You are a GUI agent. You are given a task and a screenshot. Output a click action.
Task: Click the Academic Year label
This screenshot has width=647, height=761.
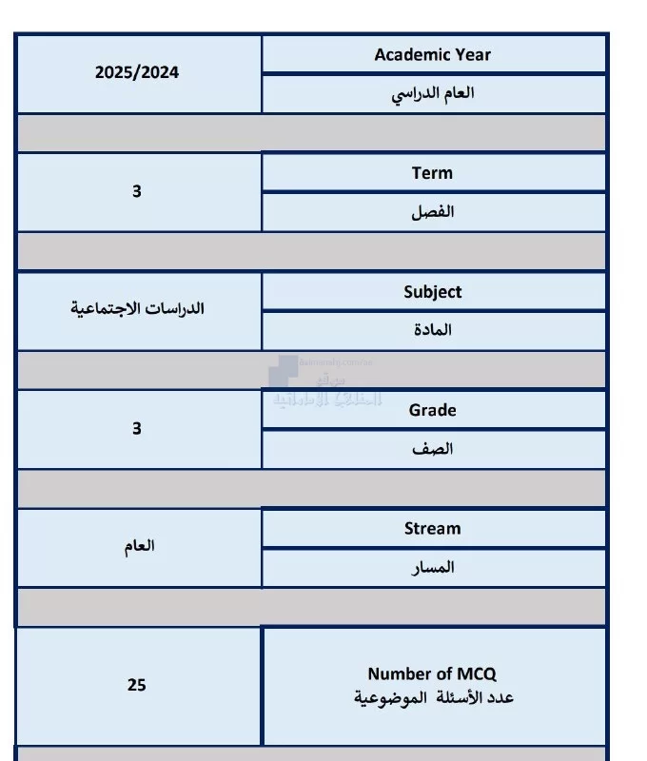click(x=433, y=54)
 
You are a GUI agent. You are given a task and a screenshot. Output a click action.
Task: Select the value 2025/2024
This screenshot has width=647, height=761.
click(x=137, y=72)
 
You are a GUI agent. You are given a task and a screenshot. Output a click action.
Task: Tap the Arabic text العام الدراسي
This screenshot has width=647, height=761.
click(x=434, y=93)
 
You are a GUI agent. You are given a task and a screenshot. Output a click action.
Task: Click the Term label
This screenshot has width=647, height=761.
click(x=432, y=173)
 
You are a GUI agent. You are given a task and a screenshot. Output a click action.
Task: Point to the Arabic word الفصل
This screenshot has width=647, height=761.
click(x=433, y=211)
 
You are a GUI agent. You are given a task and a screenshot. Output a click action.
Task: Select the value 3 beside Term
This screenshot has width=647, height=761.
click(x=137, y=191)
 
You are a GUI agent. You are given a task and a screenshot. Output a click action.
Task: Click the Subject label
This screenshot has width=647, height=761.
click(x=433, y=292)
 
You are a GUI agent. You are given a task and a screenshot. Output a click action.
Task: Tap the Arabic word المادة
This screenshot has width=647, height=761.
click(x=433, y=330)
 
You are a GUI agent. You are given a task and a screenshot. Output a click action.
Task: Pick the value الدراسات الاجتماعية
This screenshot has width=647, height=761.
click(x=138, y=309)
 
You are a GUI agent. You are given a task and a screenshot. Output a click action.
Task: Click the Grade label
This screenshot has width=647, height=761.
click(x=433, y=410)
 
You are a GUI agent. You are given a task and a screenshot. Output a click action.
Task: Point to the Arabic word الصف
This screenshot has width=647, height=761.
click(x=433, y=449)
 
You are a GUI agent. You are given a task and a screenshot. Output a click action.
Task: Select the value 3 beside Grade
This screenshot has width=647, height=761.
click(x=137, y=428)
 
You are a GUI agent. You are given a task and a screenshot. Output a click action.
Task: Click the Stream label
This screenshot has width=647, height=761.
click(x=433, y=528)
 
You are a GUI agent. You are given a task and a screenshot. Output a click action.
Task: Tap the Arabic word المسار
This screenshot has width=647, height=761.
click(x=433, y=567)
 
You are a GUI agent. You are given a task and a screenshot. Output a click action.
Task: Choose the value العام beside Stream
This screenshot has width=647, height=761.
click(x=138, y=546)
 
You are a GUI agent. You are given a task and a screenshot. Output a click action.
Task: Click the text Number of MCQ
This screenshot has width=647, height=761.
click(x=432, y=673)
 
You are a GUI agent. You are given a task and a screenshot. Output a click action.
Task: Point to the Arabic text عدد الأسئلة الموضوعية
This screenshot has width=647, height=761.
click(x=432, y=697)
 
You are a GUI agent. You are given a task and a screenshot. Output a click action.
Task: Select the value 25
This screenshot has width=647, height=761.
click(x=137, y=685)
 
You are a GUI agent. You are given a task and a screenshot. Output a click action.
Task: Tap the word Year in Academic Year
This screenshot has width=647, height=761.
click(x=474, y=54)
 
